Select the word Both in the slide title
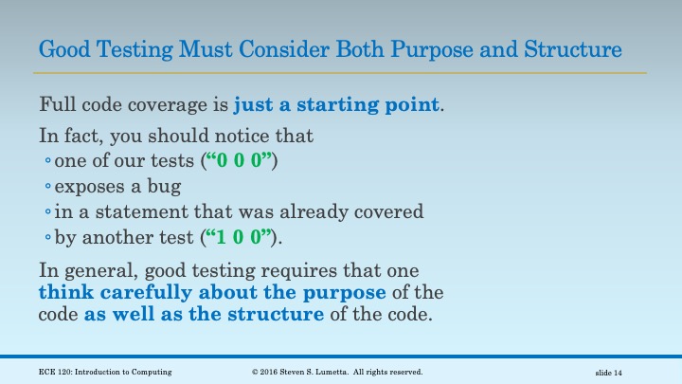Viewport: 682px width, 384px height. point(358,47)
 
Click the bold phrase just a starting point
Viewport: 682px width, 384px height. point(336,103)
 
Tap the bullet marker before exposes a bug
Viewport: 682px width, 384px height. point(48,187)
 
